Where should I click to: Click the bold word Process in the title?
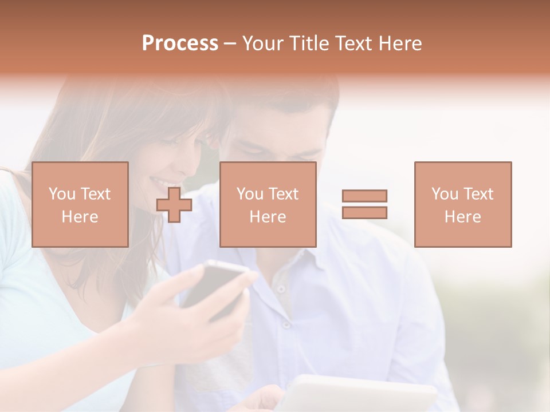(x=180, y=43)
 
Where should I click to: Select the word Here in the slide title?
(x=399, y=43)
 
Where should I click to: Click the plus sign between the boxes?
(x=174, y=204)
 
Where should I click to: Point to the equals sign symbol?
(x=364, y=204)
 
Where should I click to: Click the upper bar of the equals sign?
(x=364, y=196)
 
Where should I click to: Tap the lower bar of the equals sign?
(x=364, y=212)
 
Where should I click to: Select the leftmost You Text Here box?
(x=80, y=204)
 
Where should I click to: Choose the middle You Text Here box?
(x=268, y=204)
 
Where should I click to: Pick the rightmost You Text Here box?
(x=462, y=204)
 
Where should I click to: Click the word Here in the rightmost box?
(x=462, y=217)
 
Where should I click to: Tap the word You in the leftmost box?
(x=61, y=194)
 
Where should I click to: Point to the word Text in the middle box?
(x=284, y=194)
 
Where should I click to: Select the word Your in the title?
(x=265, y=43)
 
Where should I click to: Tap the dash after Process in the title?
(x=230, y=43)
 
